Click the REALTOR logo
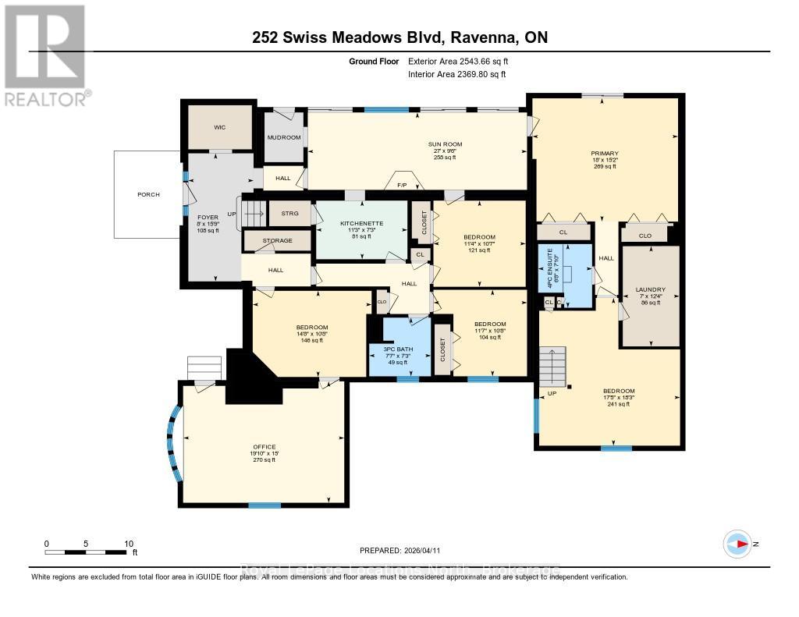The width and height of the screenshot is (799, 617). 44,55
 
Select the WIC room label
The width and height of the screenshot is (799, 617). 219,126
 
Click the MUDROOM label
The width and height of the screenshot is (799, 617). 283,137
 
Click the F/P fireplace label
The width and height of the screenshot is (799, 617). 403,185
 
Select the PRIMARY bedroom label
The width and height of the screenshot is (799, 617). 605,153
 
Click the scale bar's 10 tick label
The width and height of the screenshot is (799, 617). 130,544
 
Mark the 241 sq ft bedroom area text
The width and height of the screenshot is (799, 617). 618,404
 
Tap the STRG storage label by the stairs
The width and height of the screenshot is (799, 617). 290,213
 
